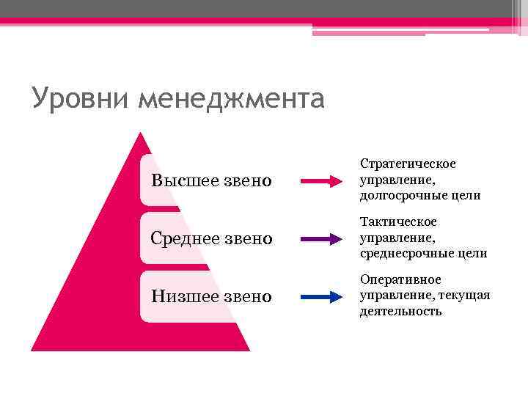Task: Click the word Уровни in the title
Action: pyautogui.click(x=81, y=98)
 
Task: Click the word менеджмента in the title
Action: pyautogui.click(x=230, y=98)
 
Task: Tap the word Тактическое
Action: pyautogui.click(x=398, y=221)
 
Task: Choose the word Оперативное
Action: pyautogui.click(x=400, y=279)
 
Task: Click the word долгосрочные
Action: pyautogui.click(x=404, y=196)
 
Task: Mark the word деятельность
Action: pyautogui.click(x=400, y=312)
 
